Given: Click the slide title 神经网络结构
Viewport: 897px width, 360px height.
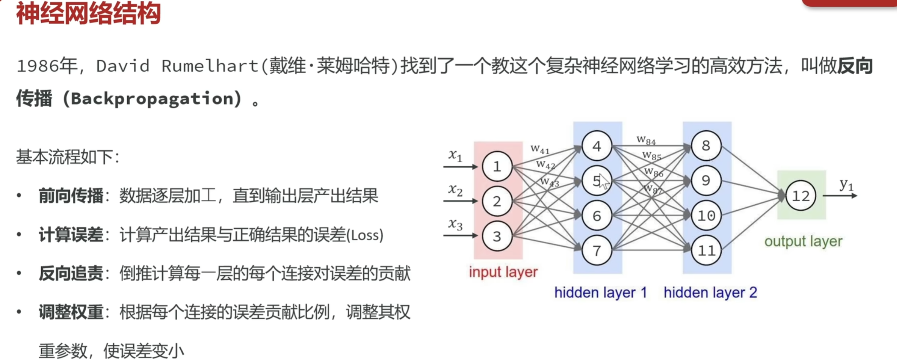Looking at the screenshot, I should (x=88, y=14).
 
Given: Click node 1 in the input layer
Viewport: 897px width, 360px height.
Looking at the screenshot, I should (x=497, y=167).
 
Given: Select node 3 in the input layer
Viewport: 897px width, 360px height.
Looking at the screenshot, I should (x=497, y=236).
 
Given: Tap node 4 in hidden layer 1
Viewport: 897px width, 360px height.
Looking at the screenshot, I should (x=597, y=146).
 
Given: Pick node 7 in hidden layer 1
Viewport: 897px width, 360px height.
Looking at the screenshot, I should (x=597, y=250).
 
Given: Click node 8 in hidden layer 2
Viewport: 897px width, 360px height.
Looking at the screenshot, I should (x=706, y=146).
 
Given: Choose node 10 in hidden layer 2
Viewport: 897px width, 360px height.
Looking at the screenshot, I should (x=706, y=216).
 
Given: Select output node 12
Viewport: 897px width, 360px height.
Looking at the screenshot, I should (x=800, y=196).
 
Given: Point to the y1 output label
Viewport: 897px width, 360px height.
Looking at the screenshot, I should (x=846, y=185).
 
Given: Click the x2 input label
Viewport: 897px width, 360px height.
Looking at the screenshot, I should (x=455, y=189).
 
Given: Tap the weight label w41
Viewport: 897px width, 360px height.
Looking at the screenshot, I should (x=540, y=149).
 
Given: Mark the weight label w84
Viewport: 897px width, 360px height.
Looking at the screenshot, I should (x=646, y=140).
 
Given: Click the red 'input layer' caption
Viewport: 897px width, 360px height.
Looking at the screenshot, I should (x=503, y=272).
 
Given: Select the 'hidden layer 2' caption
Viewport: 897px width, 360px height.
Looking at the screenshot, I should (x=710, y=293).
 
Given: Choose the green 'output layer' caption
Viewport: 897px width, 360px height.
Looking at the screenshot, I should (x=803, y=241).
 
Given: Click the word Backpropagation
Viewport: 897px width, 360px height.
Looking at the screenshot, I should (x=152, y=99).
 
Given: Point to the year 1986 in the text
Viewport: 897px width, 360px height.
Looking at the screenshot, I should (x=38, y=66).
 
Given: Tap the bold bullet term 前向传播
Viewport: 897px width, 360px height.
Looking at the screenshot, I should (x=71, y=196).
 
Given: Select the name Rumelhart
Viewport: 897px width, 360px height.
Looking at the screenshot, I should (x=210, y=66).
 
